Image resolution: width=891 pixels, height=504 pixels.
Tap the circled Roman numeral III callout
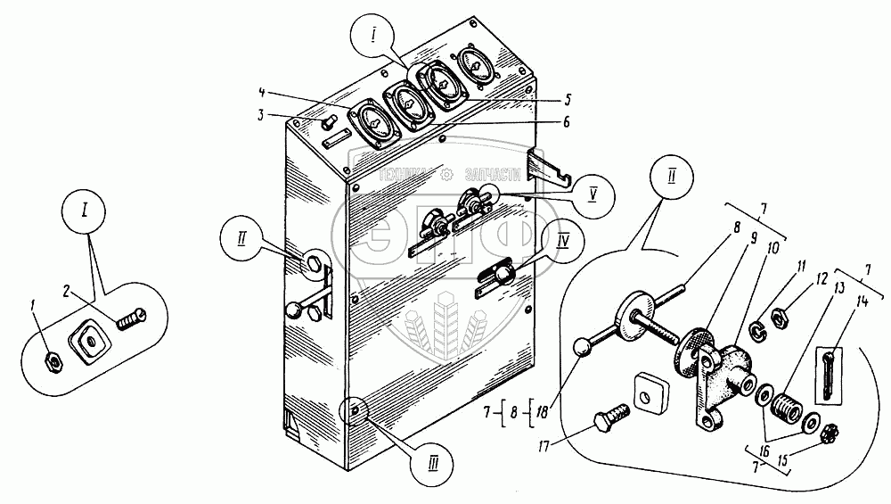[432, 462]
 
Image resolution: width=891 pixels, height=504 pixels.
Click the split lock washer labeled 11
[756, 332]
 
